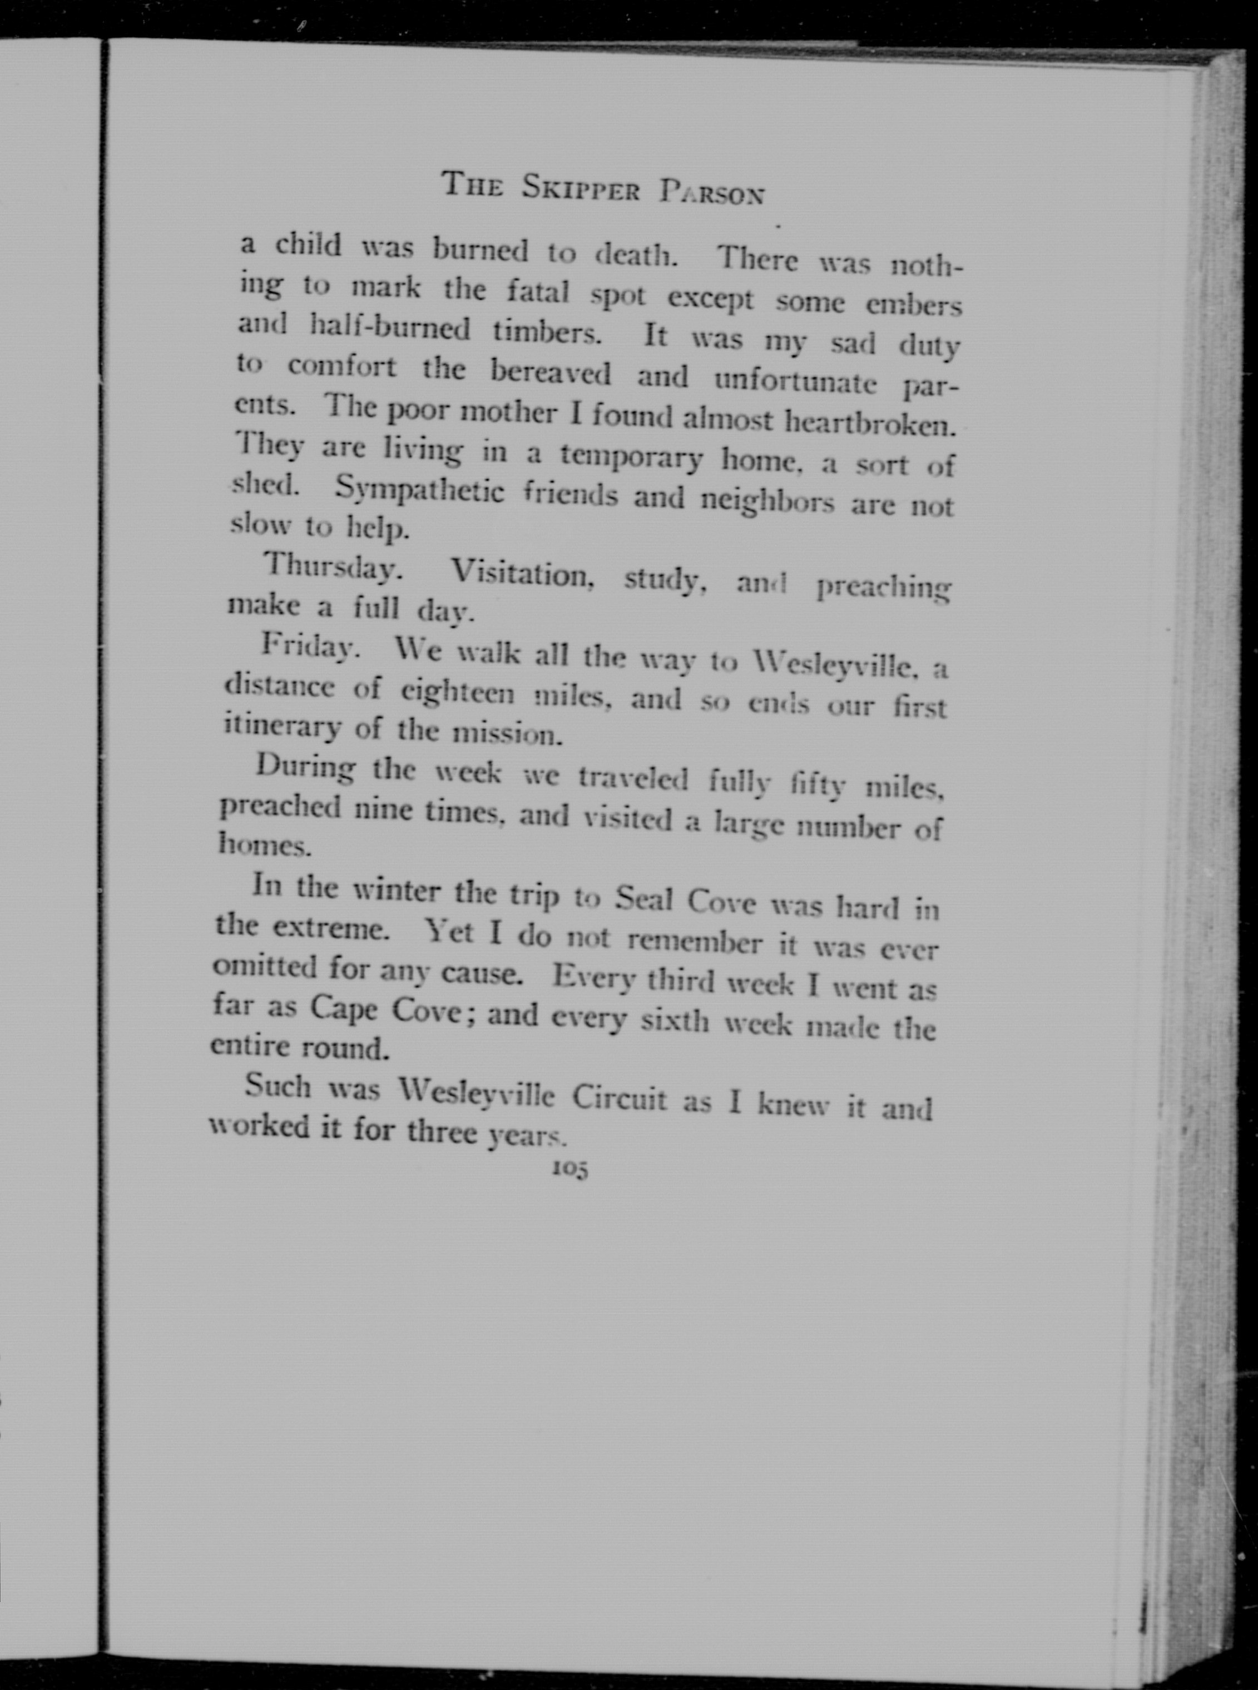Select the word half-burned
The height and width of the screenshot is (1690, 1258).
click(x=392, y=330)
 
